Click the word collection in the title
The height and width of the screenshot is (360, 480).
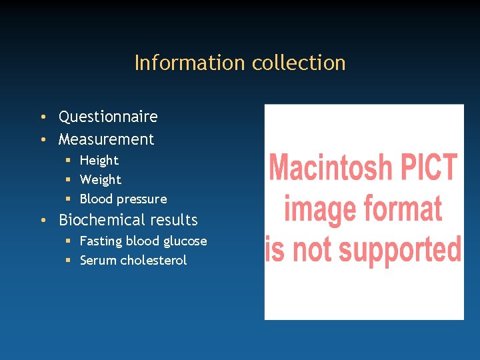pyautogui.click(x=298, y=63)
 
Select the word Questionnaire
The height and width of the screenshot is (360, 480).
pyautogui.click(x=108, y=117)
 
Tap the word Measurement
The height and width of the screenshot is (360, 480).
pyautogui.click(x=106, y=139)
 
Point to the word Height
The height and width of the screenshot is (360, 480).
pyautogui.click(x=99, y=160)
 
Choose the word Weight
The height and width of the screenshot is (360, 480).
pyautogui.click(x=100, y=179)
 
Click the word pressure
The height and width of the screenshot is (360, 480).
pyautogui.click(x=142, y=199)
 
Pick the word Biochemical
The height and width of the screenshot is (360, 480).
pyautogui.click(x=101, y=220)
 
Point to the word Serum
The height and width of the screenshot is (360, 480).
pyautogui.click(x=98, y=261)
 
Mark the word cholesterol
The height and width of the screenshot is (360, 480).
pyautogui.click(x=153, y=261)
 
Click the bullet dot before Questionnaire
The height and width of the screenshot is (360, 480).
pyautogui.click(x=42, y=117)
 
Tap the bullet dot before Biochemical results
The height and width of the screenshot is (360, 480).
pyautogui.click(x=42, y=221)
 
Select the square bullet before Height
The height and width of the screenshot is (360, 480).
pyautogui.click(x=69, y=161)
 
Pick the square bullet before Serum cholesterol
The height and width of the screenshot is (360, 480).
pyautogui.click(x=69, y=261)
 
